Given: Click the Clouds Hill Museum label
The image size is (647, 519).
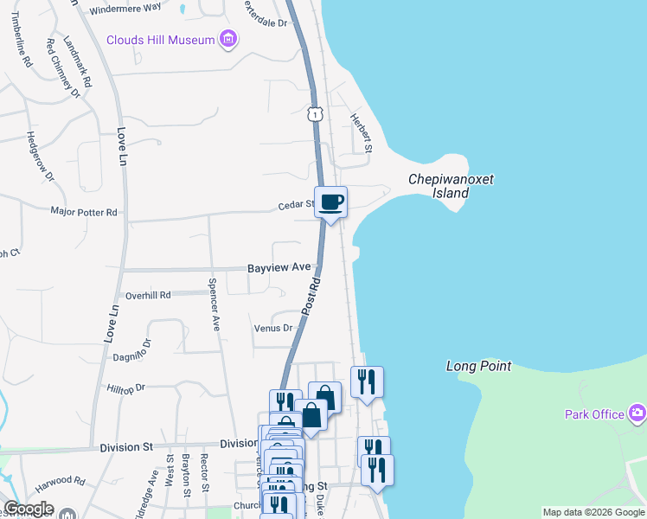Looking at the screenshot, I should [x=160, y=40].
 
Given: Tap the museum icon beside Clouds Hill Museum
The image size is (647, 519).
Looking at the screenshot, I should [x=228, y=39].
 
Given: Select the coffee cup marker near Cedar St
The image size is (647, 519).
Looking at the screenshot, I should [x=330, y=203].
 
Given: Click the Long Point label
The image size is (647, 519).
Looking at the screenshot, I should [x=478, y=367].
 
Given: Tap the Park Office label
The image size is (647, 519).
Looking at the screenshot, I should [x=594, y=414].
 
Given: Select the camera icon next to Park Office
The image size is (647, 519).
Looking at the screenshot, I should [x=637, y=413].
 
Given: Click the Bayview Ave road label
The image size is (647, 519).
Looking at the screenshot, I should [x=279, y=269].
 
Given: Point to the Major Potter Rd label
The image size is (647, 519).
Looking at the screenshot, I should [x=84, y=212].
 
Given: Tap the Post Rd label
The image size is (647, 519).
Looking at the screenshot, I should [x=311, y=297].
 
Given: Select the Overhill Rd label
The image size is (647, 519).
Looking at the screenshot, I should [x=148, y=295].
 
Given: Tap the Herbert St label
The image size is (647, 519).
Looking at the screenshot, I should [x=361, y=133].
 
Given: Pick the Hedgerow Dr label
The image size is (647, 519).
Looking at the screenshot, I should [x=40, y=157].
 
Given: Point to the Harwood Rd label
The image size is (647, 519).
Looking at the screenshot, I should [x=67, y=481].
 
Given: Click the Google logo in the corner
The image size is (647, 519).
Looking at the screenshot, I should [x=29, y=509].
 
